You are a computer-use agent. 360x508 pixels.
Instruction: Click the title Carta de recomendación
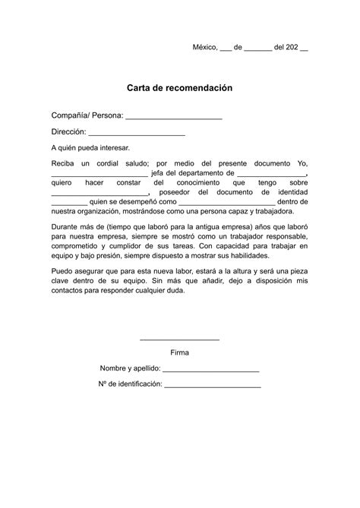179,88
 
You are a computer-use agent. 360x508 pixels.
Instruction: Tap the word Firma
180,352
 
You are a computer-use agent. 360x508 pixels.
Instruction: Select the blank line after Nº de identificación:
213,386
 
